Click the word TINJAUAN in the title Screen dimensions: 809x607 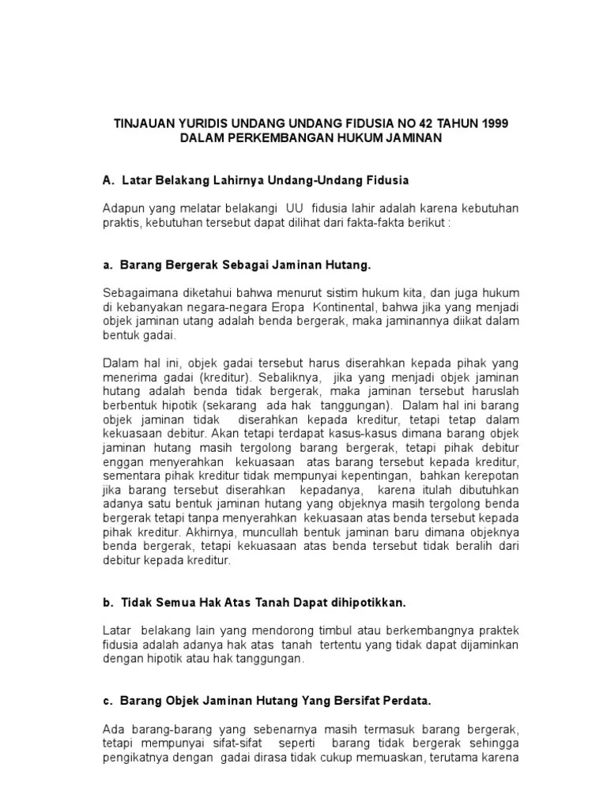(x=143, y=123)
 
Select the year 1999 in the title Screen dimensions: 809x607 (x=493, y=123)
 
